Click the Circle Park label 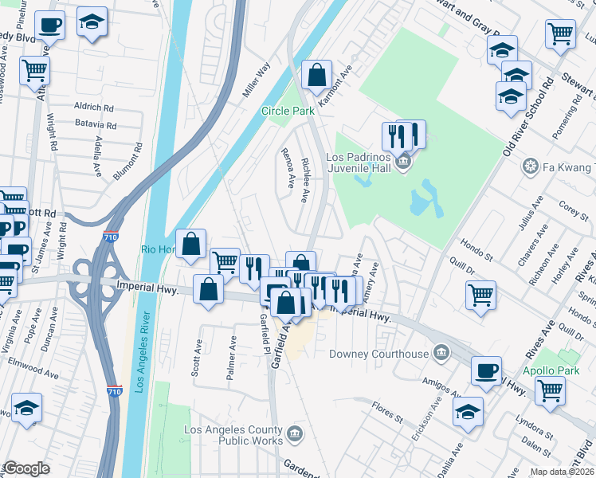tap(288, 111)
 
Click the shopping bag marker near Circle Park tap(317, 76)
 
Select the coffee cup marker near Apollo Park tap(486, 371)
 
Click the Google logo tap(25, 468)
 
